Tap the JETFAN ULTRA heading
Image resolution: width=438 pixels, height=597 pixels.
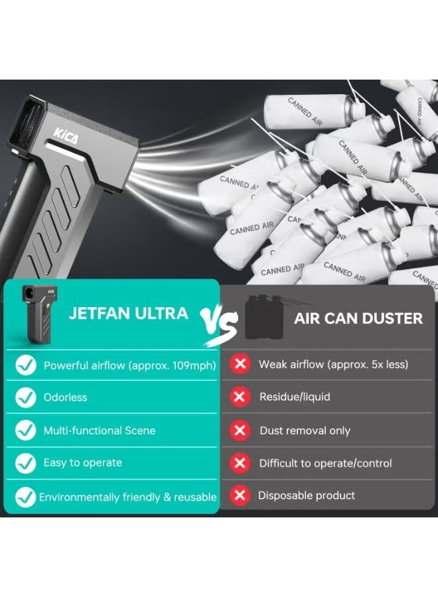(x=128, y=313)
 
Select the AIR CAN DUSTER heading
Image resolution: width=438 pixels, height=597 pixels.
(x=358, y=318)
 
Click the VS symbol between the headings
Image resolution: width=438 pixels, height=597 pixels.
(x=220, y=321)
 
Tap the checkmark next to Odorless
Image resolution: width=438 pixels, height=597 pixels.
(x=26, y=397)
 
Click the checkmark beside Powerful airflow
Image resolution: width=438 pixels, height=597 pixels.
(x=26, y=365)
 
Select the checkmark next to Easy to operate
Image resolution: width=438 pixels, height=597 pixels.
(x=26, y=462)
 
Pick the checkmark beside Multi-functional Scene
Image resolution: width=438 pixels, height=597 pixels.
(x=26, y=431)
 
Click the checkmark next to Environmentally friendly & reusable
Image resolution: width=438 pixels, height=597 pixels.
(x=26, y=496)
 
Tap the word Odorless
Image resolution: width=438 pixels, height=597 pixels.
(x=65, y=397)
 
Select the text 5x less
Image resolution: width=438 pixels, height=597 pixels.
(x=382, y=365)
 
